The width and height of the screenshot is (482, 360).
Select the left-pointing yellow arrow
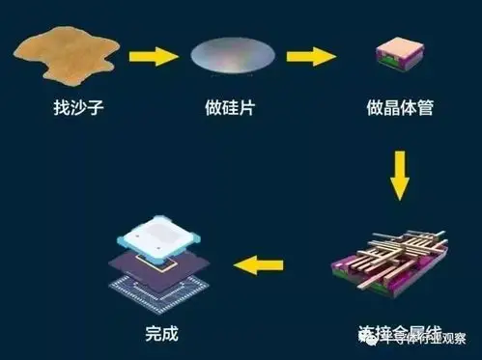coord(259,261)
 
